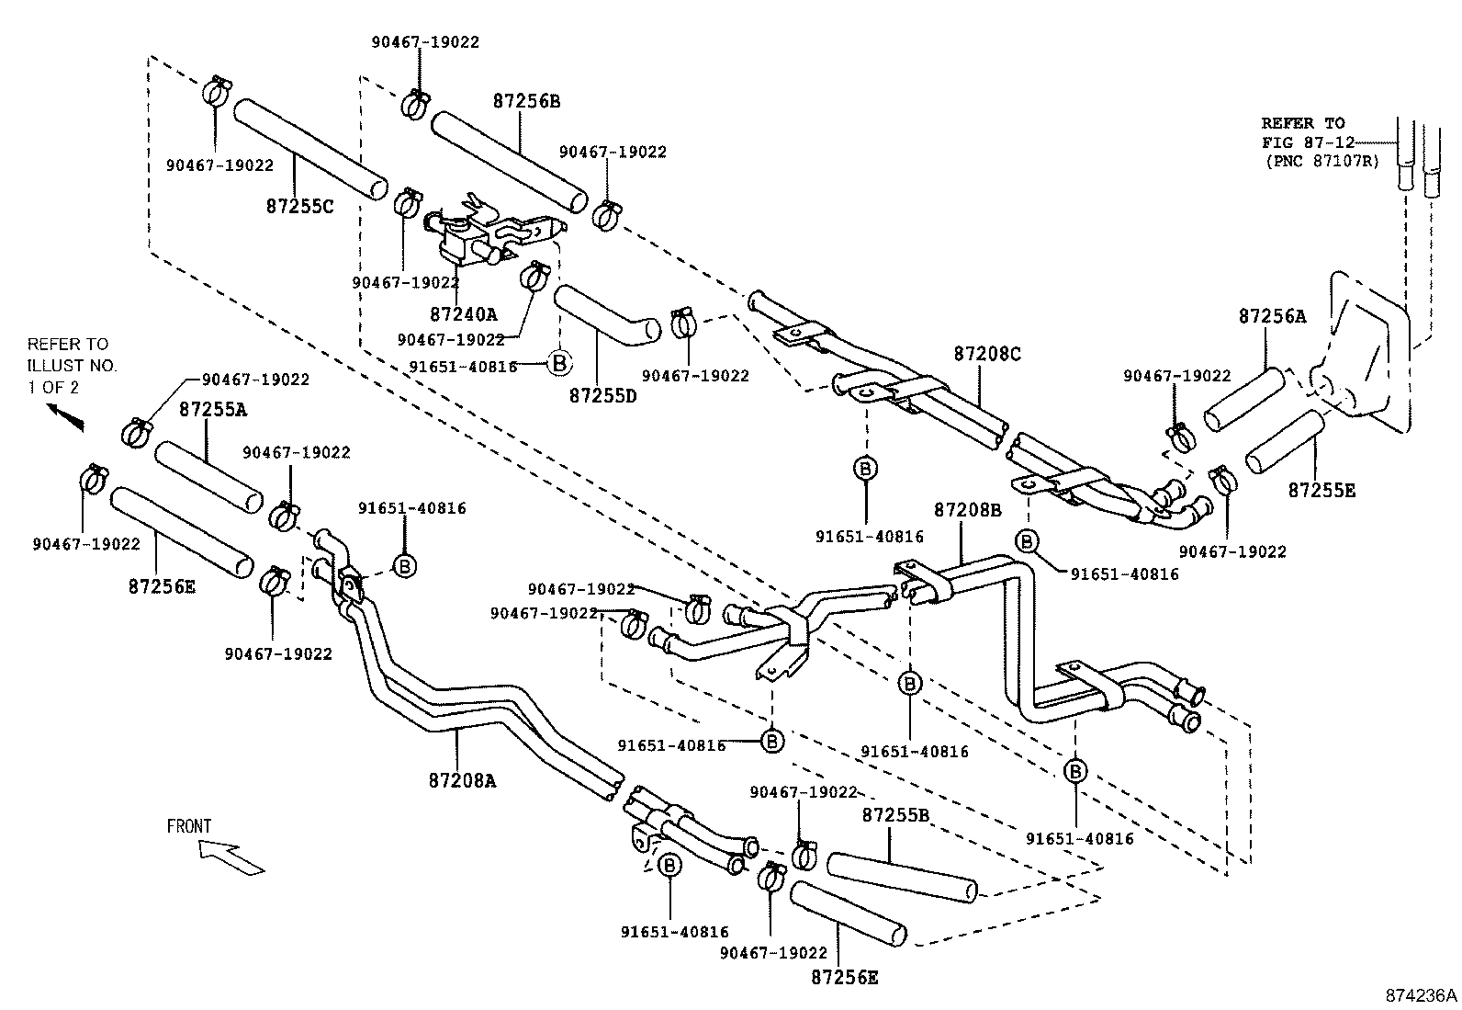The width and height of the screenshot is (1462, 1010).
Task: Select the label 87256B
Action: [x=525, y=101]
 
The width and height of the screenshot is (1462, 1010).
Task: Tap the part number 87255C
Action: [x=299, y=207]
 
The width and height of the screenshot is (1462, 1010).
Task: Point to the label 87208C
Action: [x=986, y=353]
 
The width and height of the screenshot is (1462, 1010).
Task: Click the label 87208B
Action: [x=968, y=509]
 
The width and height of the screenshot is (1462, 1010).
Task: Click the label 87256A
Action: [x=1272, y=316]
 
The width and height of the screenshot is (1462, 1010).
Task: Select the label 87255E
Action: [x=1321, y=490]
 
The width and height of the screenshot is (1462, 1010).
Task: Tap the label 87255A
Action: [x=212, y=409]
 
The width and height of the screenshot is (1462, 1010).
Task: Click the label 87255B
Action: [x=895, y=815]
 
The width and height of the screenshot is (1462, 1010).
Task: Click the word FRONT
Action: [x=189, y=826]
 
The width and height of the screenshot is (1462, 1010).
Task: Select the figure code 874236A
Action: [x=1421, y=994]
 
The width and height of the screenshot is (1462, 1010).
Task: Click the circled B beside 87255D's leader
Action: [x=559, y=363]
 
